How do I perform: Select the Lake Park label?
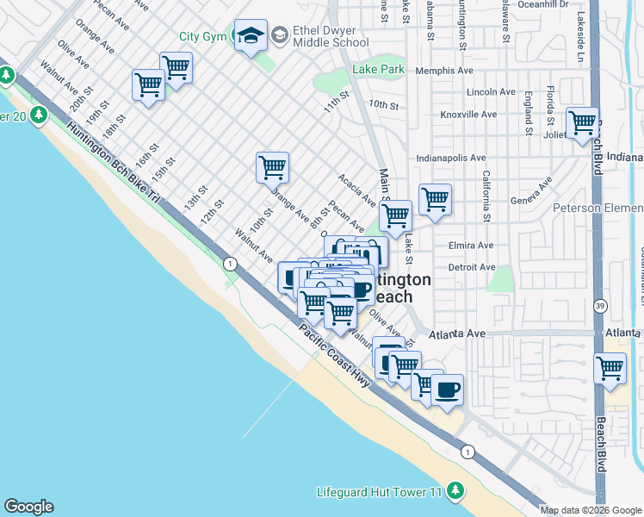tap(378, 69)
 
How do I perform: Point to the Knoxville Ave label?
tap(468, 115)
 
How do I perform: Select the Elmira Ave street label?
tap(471, 245)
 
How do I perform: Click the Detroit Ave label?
tap(472, 267)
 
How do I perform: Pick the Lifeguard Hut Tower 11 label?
tap(380, 492)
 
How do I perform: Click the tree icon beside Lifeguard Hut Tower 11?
tap(455, 492)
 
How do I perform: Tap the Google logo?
tap(28, 507)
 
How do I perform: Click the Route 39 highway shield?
tap(600, 306)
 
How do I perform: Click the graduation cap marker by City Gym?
tap(251, 35)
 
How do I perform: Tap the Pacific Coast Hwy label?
tap(335, 356)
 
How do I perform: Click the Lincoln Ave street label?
tap(490, 92)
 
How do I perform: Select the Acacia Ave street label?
tap(357, 190)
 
